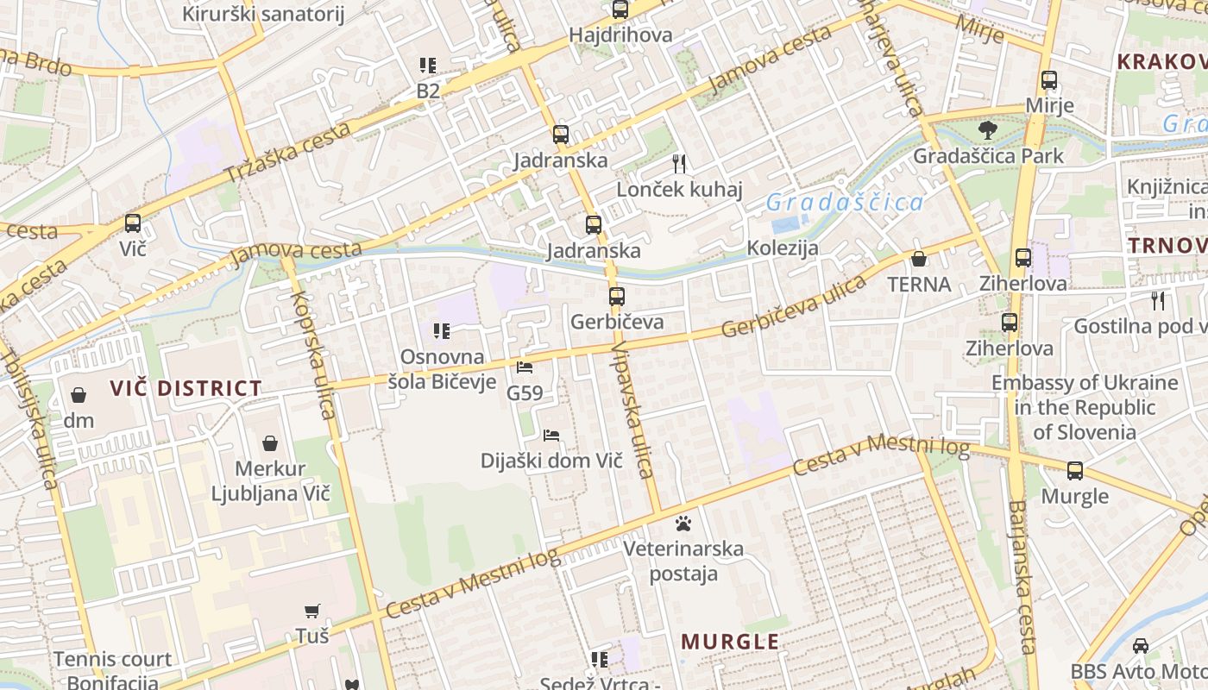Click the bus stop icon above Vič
tap(133, 223)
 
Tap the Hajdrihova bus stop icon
tap(620, 10)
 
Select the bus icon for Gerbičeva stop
tap(617, 297)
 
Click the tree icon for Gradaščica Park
tap(988, 131)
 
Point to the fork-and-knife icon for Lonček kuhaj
tap(679, 164)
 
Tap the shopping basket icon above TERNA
tap(919, 259)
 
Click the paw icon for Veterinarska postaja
tap(683, 523)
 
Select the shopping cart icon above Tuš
tap(312, 611)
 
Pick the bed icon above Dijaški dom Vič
tap(551, 436)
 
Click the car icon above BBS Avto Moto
tap(1141, 645)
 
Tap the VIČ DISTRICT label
tap(186, 388)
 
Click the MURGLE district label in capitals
tap(730, 642)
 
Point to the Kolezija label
tap(783, 248)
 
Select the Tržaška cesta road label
tap(288, 153)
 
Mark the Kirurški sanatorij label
tap(263, 14)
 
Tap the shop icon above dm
tap(79, 395)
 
